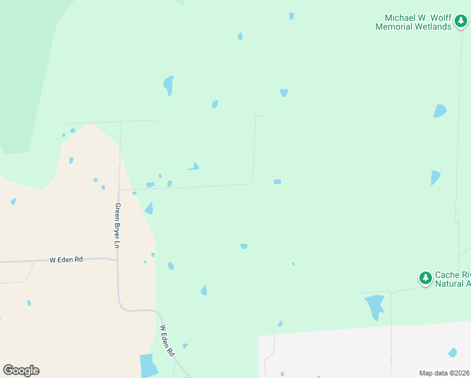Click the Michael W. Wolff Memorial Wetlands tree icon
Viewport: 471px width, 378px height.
(x=461, y=23)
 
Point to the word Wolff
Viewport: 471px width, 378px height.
(x=434, y=18)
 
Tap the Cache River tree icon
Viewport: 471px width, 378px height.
(x=426, y=277)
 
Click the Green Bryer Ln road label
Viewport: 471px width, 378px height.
(x=117, y=225)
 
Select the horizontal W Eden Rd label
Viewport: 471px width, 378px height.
(x=66, y=260)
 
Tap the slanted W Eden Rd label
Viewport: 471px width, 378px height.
(x=166, y=341)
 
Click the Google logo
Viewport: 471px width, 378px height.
(x=21, y=370)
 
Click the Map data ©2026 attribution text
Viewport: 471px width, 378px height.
(x=444, y=373)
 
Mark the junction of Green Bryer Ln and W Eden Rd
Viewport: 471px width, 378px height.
(x=117, y=260)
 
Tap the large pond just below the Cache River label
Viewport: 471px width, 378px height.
(x=375, y=306)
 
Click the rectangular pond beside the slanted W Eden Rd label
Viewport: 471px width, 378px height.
(x=149, y=365)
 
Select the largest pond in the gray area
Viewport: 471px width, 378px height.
(x=452, y=352)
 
